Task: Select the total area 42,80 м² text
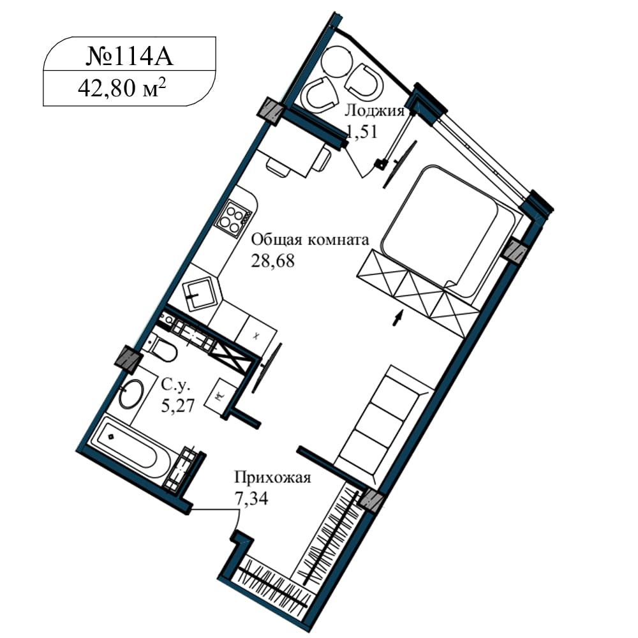tap(122, 88)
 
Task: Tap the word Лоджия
tap(375, 110)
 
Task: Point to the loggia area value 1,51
tap(362, 131)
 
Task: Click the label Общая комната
tap(310, 240)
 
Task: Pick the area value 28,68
tap(272, 261)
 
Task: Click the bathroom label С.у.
tap(175, 384)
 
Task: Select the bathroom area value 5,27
tap(178, 405)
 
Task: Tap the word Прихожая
tap(272, 477)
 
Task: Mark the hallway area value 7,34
tap(251, 498)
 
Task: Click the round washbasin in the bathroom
tap(131, 393)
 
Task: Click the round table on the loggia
tap(336, 61)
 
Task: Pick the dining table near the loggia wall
tap(293, 156)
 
